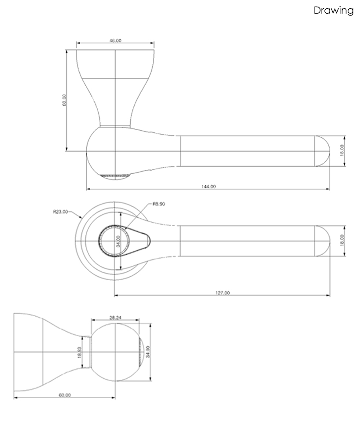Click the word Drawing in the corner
pyautogui.click(x=333, y=11)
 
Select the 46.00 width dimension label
pyautogui.click(x=115, y=40)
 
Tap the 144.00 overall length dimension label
pyautogui.click(x=209, y=187)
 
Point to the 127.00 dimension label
pyautogui.click(x=223, y=293)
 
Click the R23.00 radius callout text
pyautogui.click(x=60, y=212)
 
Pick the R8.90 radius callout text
pyautogui.click(x=158, y=204)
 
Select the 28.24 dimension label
pyautogui.click(x=115, y=317)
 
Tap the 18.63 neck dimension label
pyautogui.click(x=80, y=353)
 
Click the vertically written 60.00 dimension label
pyautogui.click(x=64, y=100)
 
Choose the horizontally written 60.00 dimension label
pyautogui.click(x=65, y=395)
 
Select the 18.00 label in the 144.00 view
pyautogui.click(x=342, y=151)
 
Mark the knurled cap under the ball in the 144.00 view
pyautogui.click(x=114, y=177)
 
